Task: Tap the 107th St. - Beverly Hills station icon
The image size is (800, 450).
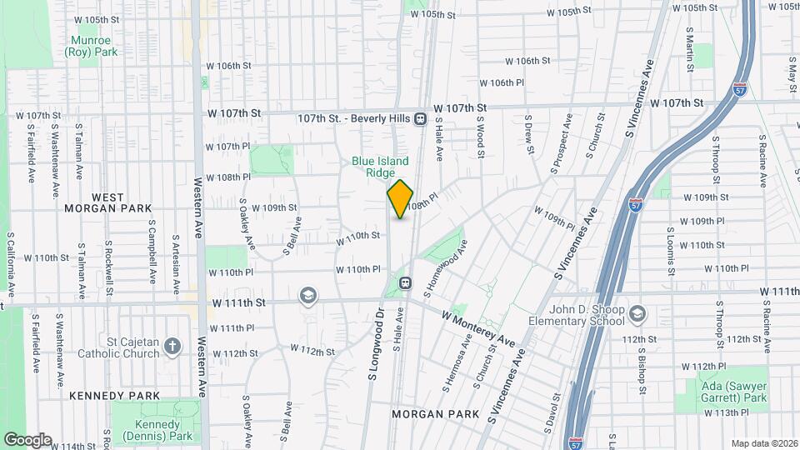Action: [x=421, y=119]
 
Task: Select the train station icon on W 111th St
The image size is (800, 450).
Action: [x=406, y=282]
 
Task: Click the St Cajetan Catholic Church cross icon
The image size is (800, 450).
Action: [x=172, y=345]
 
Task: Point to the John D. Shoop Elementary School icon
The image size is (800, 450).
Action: [x=638, y=314]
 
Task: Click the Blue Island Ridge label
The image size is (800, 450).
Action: [x=380, y=167]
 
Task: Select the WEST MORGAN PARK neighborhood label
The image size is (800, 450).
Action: [x=110, y=202]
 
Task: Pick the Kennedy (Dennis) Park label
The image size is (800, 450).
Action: [x=163, y=430]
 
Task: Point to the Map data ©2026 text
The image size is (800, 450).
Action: [x=763, y=443]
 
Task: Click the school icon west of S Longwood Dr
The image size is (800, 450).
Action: [x=307, y=296]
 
